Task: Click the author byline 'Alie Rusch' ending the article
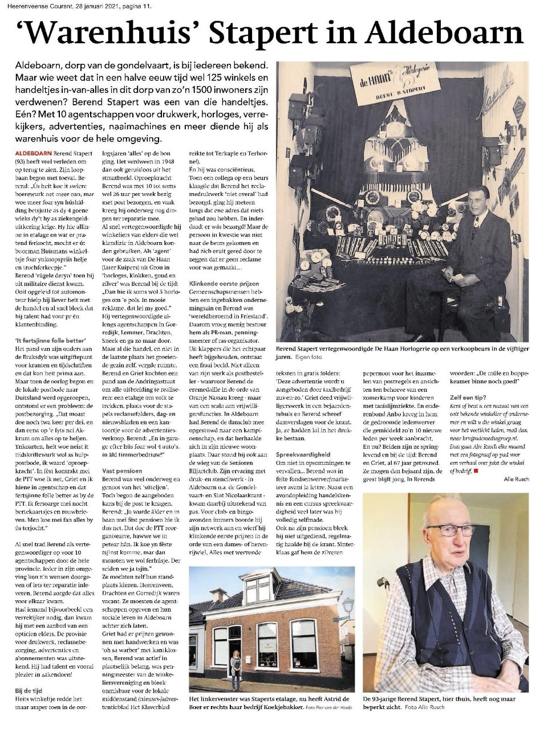click(x=517, y=479)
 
